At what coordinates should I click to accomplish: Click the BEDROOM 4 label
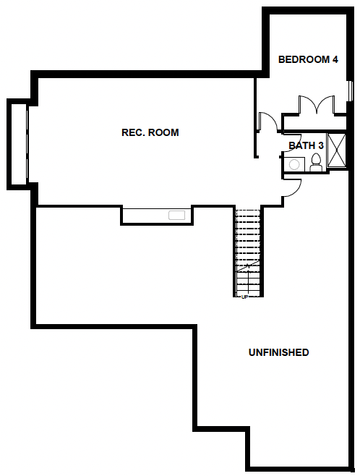coord(308,59)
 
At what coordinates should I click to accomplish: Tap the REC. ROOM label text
coord(150,132)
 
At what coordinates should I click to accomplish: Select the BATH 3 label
coord(306,145)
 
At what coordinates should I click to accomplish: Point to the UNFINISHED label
coord(279,352)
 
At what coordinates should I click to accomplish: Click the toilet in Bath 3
coord(316,163)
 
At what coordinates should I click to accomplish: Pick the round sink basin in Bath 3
coord(294,165)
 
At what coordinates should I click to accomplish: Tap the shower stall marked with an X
coord(337,150)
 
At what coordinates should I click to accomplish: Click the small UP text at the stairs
coord(244,297)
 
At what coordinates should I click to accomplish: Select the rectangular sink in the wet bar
coord(177,215)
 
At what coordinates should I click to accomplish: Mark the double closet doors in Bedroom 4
coord(317,105)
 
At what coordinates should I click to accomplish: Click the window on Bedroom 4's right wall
coord(351,90)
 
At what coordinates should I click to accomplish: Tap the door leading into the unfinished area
coord(292,187)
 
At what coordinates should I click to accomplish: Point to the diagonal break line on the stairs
coord(248,266)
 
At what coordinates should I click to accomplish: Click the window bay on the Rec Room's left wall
coord(18,143)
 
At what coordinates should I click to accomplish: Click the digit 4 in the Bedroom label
coord(335,59)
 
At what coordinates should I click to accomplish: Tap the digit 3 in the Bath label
coord(321,145)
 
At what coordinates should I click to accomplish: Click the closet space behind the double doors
coord(314,123)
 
